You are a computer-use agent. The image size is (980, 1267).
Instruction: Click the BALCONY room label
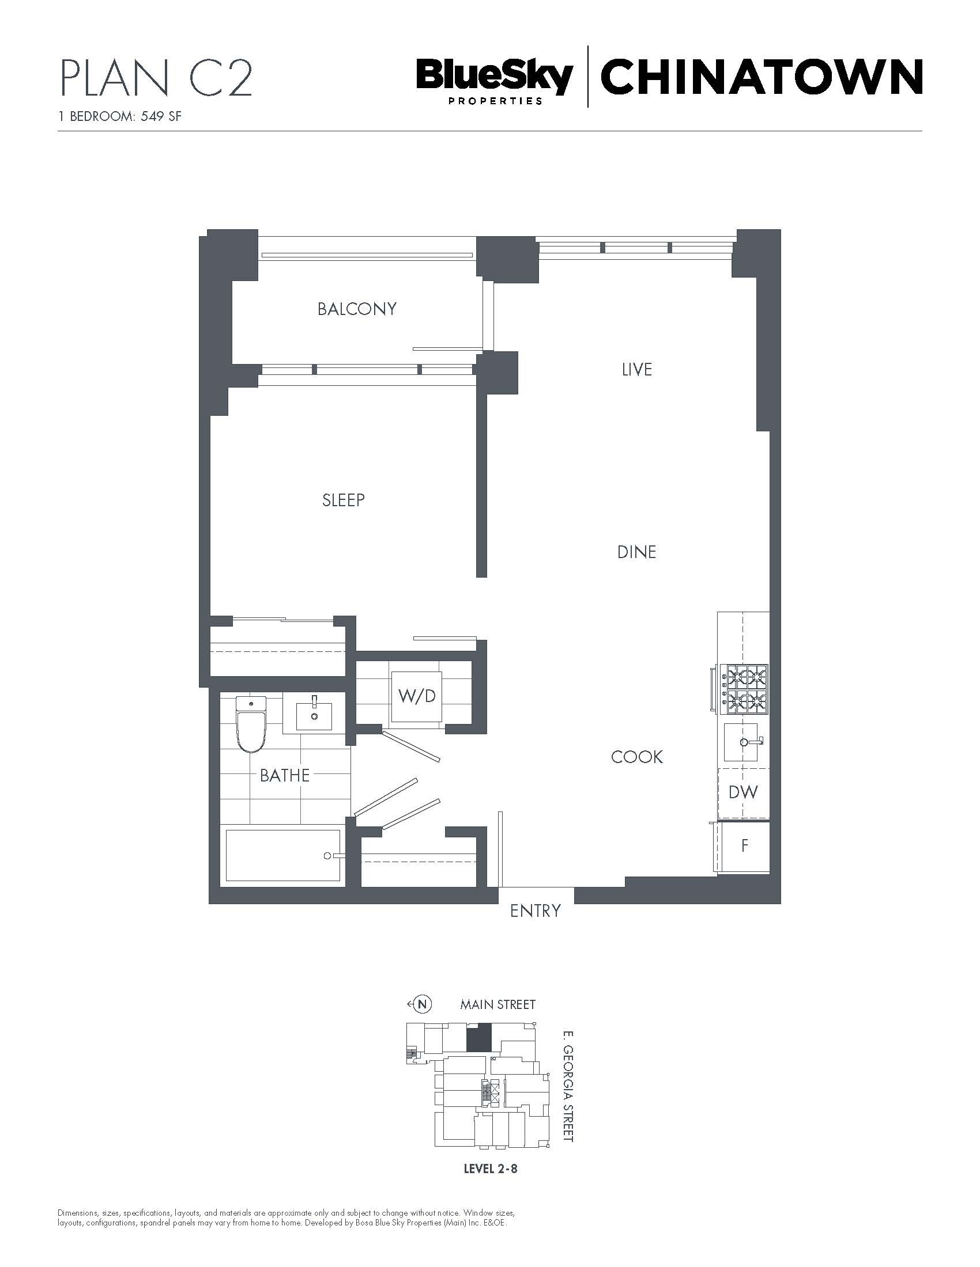click(356, 309)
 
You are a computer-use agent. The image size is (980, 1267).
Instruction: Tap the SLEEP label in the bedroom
click(344, 500)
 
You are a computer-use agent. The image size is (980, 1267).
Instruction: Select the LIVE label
click(637, 370)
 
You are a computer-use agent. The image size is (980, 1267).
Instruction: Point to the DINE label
click(636, 552)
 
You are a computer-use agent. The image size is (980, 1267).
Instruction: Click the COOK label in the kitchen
click(637, 757)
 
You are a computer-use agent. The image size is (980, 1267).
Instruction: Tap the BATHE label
click(284, 775)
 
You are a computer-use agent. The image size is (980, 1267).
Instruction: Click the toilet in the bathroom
click(251, 724)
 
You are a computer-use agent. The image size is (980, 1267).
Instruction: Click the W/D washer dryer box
click(416, 696)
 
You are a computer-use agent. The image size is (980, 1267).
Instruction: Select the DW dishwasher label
click(743, 792)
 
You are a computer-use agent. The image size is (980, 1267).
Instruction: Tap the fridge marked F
click(744, 847)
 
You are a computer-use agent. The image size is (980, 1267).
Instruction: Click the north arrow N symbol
click(423, 1004)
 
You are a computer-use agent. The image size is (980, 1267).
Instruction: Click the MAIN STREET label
click(497, 1004)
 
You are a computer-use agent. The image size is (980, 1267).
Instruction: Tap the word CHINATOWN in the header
click(762, 76)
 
